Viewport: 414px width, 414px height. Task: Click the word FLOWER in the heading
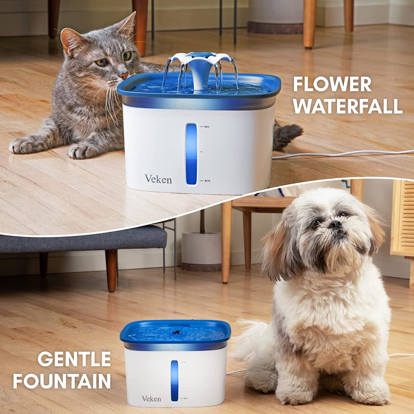click(332, 84)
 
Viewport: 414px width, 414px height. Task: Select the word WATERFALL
click(348, 106)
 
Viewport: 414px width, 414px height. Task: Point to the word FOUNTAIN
click(62, 381)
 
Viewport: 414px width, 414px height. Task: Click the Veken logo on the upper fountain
click(158, 179)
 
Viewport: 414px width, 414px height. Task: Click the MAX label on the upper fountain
click(207, 127)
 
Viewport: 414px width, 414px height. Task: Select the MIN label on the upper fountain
click(207, 181)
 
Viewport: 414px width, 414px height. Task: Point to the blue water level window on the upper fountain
click(191, 154)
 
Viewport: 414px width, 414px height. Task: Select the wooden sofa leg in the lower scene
click(111, 270)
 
